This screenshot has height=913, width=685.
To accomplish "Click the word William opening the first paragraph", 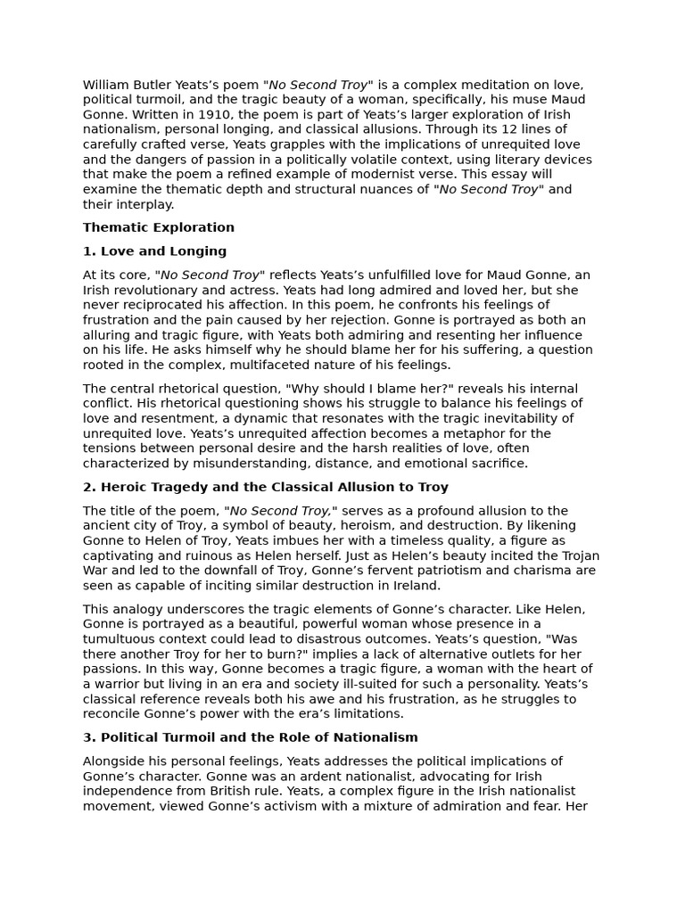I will pyautogui.click(x=104, y=85).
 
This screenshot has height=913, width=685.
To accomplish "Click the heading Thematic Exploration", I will pyautogui.click(x=159, y=227).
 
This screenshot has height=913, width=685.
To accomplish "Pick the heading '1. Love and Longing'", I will pyautogui.click(x=154, y=251).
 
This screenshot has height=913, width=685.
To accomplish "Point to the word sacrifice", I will pyautogui.click(x=498, y=464).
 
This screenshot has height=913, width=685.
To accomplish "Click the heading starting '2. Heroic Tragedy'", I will pyautogui.click(x=266, y=487).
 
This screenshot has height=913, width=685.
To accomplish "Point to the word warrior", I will pyautogui.click(x=119, y=684).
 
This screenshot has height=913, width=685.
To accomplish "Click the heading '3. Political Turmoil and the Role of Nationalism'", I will pyautogui.click(x=251, y=737).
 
